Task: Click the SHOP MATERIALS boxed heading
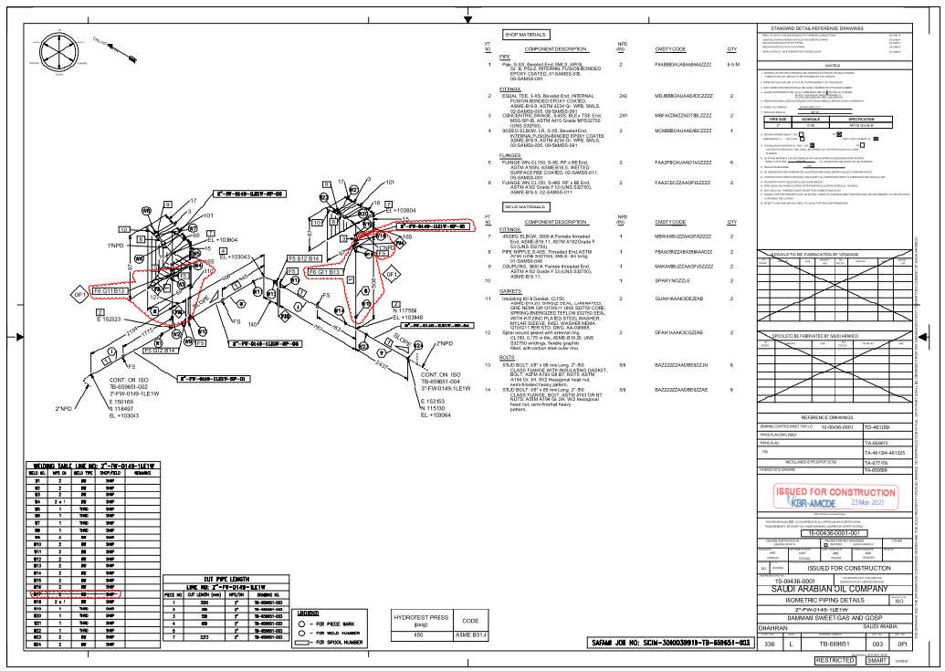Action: click(525, 35)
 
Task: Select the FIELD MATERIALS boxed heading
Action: click(525, 208)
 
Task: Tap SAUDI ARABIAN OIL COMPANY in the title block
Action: click(829, 590)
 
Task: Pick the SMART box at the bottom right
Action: click(877, 660)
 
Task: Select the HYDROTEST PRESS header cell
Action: click(420, 618)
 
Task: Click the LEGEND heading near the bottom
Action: click(308, 613)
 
